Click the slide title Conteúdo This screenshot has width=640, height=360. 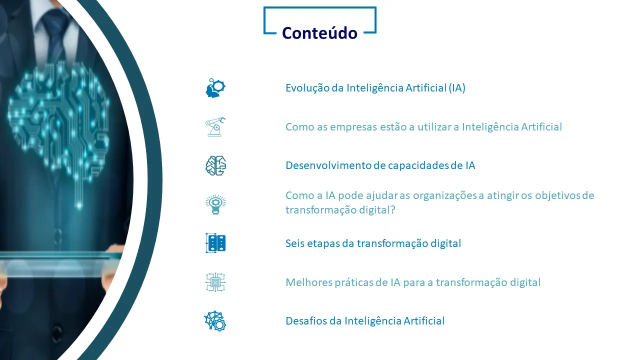(319, 33)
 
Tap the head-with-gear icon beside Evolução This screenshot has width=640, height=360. (215, 88)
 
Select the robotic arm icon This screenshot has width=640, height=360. (215, 126)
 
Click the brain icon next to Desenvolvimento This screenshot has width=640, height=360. (215, 165)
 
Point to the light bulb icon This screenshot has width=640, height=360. (215, 204)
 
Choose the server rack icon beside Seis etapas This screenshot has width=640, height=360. (215, 243)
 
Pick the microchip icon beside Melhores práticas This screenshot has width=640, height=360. (215, 282)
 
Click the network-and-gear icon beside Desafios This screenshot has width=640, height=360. (215, 321)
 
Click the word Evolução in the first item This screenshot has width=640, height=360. (307, 88)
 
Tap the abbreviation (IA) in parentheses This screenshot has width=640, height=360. (457, 88)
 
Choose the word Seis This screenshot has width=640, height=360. (295, 243)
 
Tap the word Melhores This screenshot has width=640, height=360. (308, 282)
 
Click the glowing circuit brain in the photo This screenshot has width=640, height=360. (58, 123)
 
